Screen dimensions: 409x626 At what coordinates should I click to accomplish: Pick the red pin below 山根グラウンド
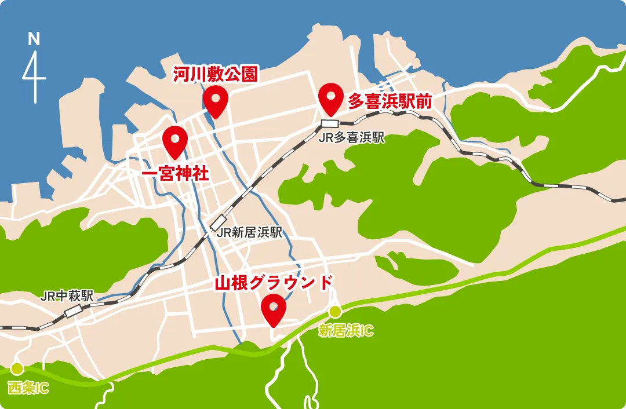click(273, 308)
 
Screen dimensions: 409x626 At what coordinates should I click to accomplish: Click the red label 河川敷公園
click(216, 74)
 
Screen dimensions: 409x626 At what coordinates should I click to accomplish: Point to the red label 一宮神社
click(176, 174)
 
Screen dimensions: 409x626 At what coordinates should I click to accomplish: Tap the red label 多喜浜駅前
click(390, 101)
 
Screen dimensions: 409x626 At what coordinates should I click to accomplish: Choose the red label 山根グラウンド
click(274, 283)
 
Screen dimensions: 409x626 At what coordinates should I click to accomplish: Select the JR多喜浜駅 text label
click(352, 138)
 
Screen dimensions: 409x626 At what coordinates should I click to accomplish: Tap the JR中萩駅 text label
click(67, 295)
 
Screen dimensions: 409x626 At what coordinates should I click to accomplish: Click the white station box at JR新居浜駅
click(219, 221)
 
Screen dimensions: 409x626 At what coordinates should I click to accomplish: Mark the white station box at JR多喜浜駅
click(330, 123)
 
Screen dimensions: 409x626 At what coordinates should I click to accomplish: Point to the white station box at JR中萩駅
click(74, 311)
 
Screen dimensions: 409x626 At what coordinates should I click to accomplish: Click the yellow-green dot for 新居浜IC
click(335, 312)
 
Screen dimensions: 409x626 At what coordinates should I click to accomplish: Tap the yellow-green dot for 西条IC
click(16, 368)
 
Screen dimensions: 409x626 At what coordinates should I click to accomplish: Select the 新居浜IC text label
click(346, 331)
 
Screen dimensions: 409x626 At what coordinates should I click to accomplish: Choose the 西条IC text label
click(28, 388)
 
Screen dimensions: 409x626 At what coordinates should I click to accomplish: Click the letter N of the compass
click(34, 39)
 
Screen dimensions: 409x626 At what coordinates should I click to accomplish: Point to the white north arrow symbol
click(35, 75)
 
